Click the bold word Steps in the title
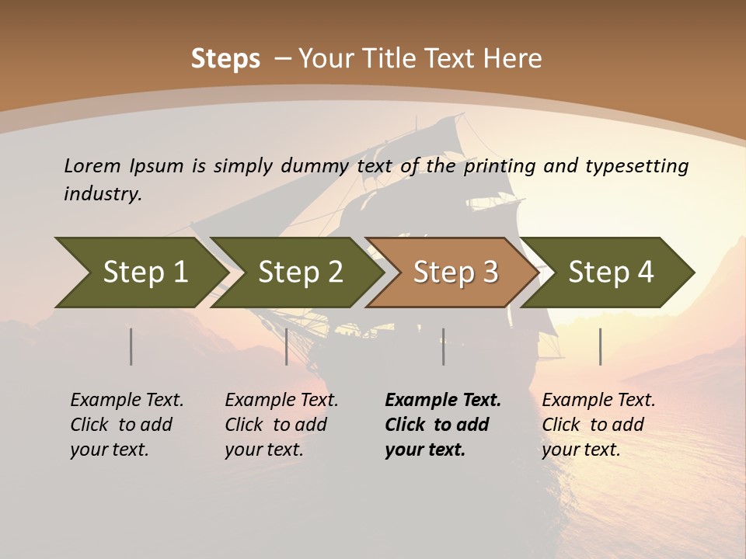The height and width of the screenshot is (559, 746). click(225, 59)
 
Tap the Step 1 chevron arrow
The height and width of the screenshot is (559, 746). click(145, 272)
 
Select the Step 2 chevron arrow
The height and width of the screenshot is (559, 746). click(300, 272)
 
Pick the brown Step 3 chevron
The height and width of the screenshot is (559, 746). click(455, 272)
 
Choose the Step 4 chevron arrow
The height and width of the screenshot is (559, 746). click(611, 272)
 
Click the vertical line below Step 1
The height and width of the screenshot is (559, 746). click(131, 346)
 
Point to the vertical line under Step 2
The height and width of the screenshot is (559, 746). click(287, 346)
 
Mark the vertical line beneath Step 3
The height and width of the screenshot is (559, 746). click(444, 346)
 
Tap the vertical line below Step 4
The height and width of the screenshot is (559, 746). click(601, 346)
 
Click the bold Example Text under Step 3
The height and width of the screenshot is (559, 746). click(443, 424)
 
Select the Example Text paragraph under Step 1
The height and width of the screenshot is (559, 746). click(127, 424)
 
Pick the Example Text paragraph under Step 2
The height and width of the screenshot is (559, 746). click(281, 424)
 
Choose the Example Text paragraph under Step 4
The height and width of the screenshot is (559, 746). click(598, 424)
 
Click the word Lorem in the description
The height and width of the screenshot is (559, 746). click(92, 166)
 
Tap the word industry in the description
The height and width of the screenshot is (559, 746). click(103, 194)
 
